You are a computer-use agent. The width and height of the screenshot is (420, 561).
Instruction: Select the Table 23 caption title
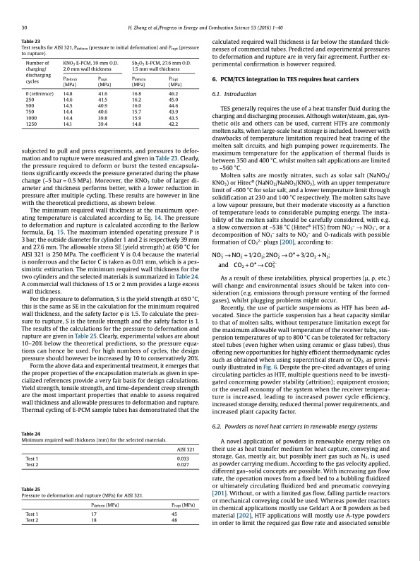32,42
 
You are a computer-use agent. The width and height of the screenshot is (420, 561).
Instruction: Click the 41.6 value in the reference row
103,93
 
